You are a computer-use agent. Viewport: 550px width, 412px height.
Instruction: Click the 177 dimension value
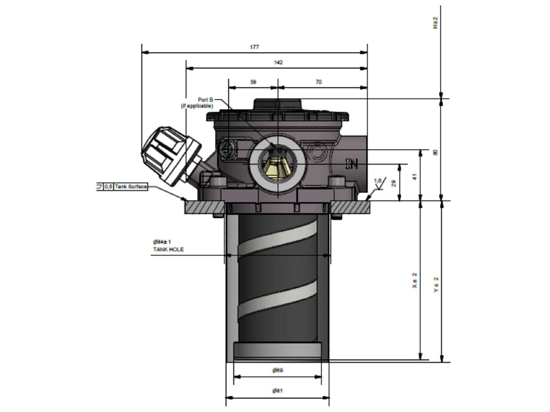click(x=254, y=47)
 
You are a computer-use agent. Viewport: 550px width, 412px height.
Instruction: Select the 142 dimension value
click(x=278, y=62)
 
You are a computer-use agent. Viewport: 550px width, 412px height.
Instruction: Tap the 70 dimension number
click(x=319, y=82)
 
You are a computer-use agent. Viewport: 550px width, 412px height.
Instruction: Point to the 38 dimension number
click(x=253, y=82)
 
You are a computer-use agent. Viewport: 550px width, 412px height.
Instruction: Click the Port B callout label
click(x=206, y=100)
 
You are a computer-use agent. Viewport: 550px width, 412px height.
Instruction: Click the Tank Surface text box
click(x=131, y=186)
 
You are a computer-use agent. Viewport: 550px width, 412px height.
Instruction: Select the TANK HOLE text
click(x=168, y=250)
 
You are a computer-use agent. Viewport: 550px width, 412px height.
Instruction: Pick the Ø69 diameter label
click(x=277, y=370)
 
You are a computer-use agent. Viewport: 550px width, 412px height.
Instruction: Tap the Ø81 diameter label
click(x=277, y=391)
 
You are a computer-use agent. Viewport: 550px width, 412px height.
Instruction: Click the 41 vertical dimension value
click(x=415, y=177)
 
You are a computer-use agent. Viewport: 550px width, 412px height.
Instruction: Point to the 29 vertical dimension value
click(x=394, y=183)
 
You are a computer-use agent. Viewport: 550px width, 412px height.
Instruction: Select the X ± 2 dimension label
click(x=415, y=280)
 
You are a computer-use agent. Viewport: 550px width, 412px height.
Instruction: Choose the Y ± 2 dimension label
click(x=436, y=285)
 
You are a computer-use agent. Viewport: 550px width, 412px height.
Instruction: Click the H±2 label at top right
click(x=436, y=22)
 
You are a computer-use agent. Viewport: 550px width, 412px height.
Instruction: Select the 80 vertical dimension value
click(x=436, y=152)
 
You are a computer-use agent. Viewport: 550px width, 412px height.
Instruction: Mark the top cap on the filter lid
click(x=277, y=104)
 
